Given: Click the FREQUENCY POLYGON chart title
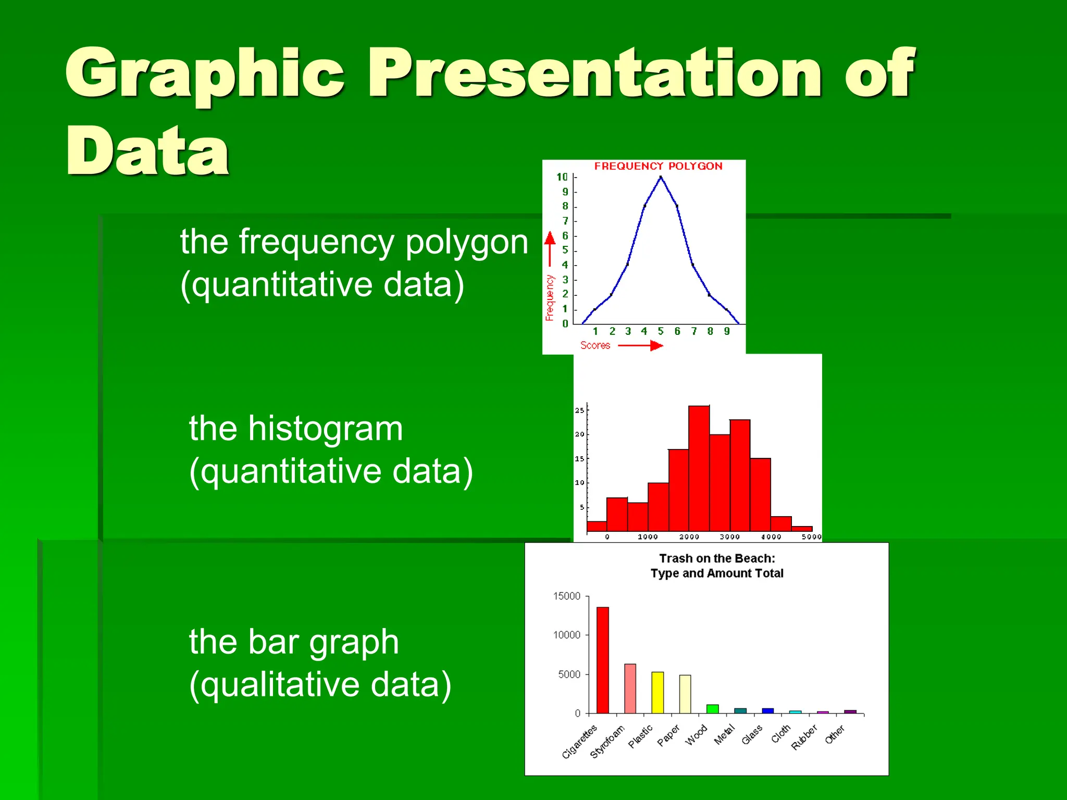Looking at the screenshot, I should [658, 166].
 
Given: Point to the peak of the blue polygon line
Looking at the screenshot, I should [661, 178].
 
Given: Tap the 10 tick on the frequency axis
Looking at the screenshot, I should [562, 177].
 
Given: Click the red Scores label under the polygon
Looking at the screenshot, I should [595, 345].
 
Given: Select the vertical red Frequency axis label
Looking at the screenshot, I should [550, 297].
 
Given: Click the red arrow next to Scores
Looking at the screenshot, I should [641, 345].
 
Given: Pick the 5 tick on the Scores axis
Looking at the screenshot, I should [661, 331].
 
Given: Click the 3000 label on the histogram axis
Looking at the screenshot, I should [729, 536].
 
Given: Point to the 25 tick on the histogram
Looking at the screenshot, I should [579, 410].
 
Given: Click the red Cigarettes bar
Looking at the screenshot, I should [603, 660].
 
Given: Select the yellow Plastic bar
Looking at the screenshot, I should [657, 692].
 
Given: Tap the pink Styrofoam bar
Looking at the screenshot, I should [630, 688].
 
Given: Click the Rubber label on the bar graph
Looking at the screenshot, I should [804, 737].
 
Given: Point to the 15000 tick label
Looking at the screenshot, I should [566, 596].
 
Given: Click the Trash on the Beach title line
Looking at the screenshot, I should [717, 558].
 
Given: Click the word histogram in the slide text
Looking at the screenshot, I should [325, 429].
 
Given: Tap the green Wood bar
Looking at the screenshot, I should [713, 709].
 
